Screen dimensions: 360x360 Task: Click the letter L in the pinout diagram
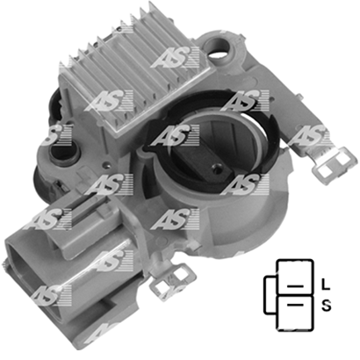[326, 284]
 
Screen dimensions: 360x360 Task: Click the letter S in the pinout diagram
[327, 306]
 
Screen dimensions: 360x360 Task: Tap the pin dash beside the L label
[295, 286]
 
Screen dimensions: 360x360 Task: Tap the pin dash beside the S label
[295, 306]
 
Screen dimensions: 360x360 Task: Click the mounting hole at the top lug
[217, 47]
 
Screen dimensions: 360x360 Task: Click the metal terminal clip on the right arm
[335, 164]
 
